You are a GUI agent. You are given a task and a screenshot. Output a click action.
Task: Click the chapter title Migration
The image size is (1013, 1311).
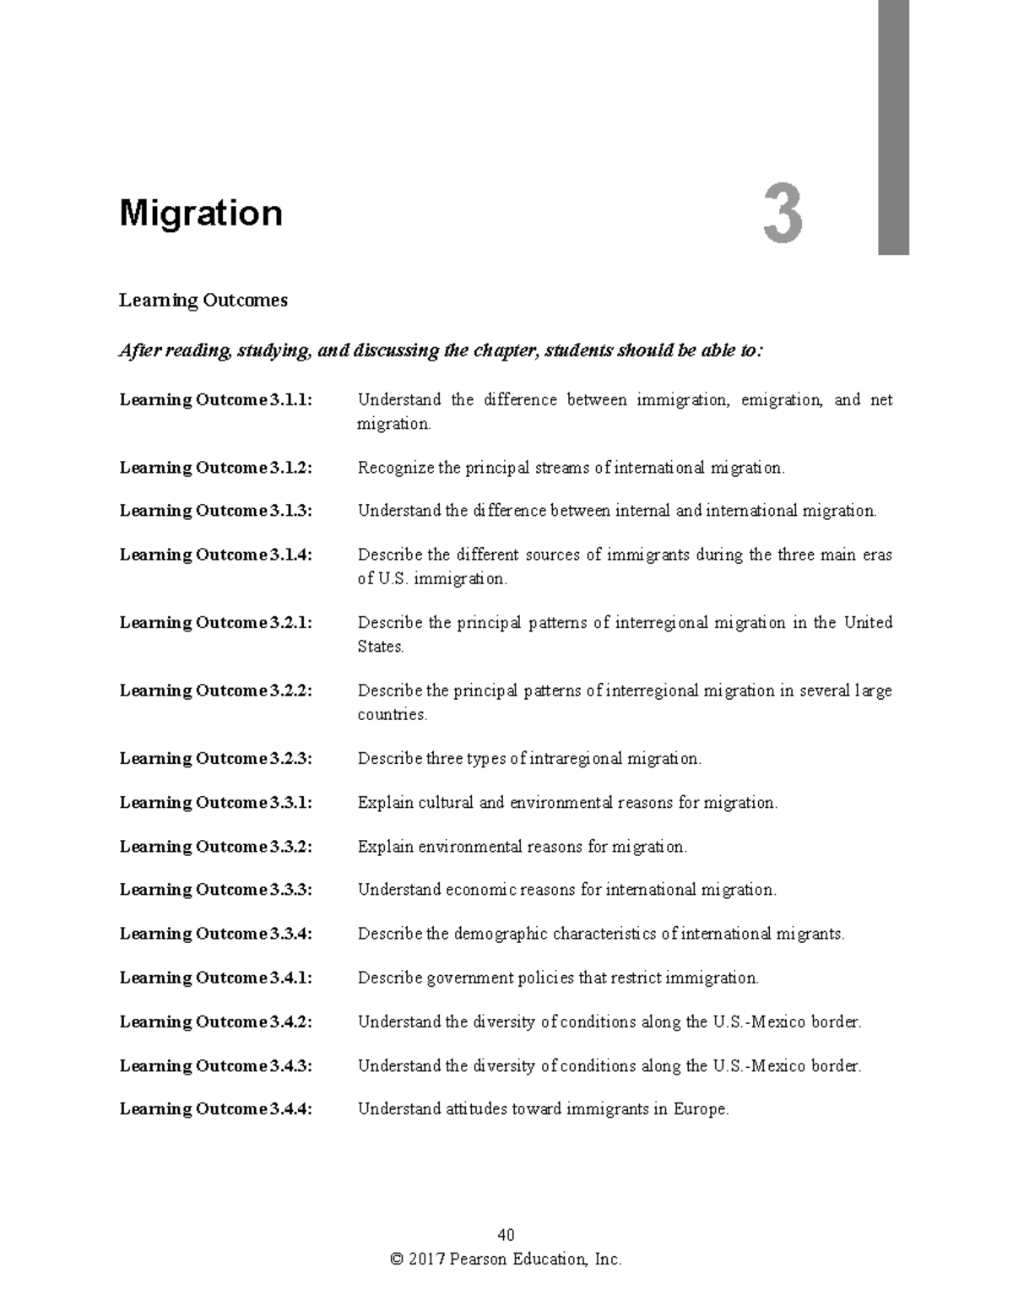tap(201, 214)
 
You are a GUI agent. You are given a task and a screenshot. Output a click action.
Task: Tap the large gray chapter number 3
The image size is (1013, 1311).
tap(783, 216)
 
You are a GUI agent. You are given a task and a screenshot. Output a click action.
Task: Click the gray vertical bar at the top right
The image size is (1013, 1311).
tap(893, 127)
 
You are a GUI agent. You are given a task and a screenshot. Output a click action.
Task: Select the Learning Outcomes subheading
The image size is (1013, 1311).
tap(203, 301)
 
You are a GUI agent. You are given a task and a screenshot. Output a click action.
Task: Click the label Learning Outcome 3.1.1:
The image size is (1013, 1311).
tap(216, 400)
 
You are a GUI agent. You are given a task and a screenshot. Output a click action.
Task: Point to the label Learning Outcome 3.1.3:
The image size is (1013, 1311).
tap(216, 511)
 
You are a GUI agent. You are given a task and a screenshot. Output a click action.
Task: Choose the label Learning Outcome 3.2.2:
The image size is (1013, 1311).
tap(216, 691)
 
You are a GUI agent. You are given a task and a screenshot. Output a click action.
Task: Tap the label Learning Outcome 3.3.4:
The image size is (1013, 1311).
tap(216, 934)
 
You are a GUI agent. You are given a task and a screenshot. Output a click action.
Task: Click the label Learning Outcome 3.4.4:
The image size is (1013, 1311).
tap(216, 1109)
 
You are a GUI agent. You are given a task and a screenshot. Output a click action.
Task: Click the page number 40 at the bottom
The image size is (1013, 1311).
tap(506, 1236)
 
